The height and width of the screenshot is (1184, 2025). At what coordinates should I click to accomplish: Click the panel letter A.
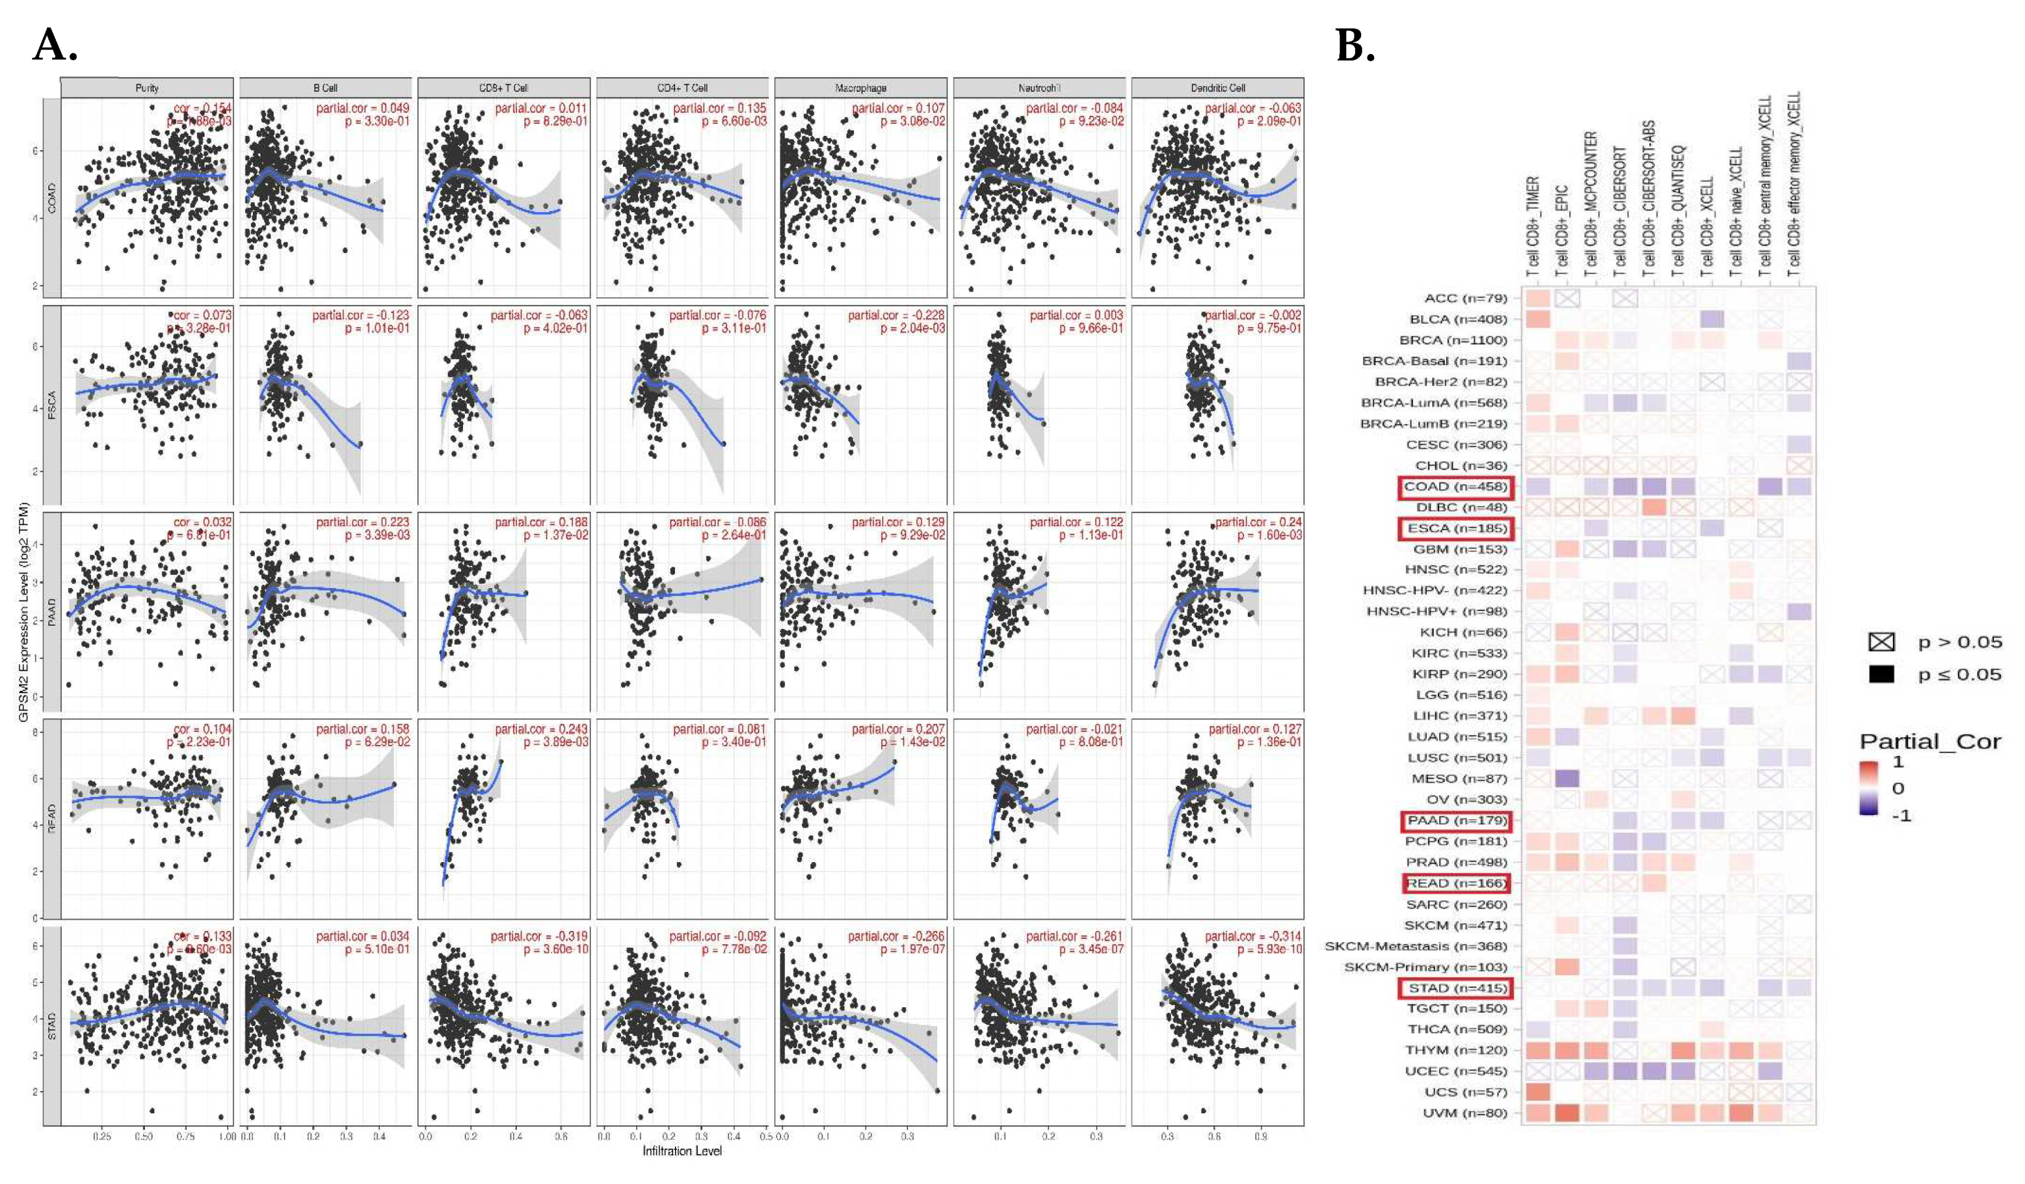55,45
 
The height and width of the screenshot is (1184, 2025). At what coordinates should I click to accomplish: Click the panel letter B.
1355,45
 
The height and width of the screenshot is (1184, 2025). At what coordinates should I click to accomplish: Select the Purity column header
147,87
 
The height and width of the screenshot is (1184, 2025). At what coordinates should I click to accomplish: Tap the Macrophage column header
860,87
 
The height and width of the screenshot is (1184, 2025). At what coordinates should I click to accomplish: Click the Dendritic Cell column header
1217,87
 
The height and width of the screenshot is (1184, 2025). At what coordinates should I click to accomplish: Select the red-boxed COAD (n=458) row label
1455,486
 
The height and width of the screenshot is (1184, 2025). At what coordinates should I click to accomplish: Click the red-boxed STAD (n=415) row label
1455,988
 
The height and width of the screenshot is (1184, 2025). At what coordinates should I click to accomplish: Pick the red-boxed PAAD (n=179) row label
1455,821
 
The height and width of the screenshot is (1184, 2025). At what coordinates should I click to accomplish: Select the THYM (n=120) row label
1455,1051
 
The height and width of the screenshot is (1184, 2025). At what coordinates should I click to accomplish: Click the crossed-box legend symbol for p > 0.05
1881,641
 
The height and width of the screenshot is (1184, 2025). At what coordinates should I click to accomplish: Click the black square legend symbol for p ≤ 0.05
1881,674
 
